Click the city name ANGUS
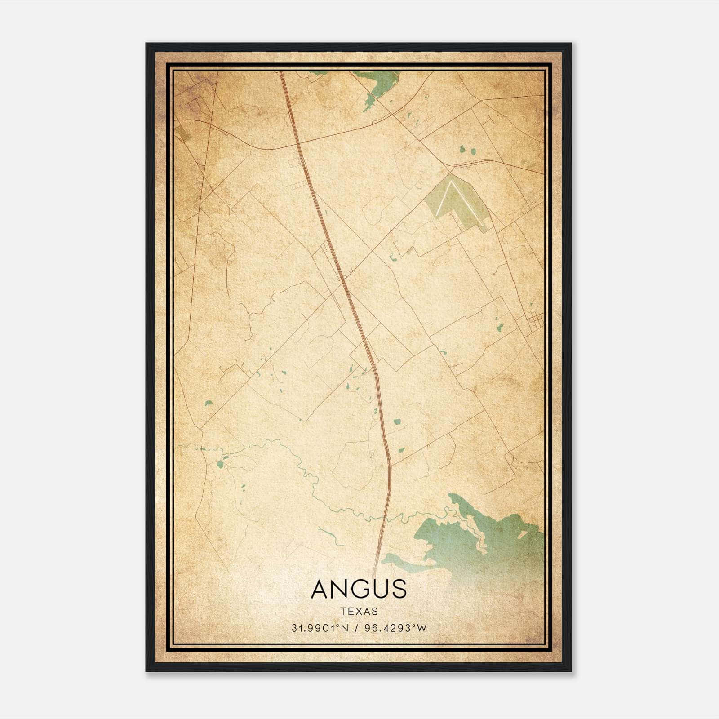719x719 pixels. coord(359,589)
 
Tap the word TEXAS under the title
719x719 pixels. coord(359,612)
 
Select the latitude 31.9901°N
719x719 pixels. coord(320,628)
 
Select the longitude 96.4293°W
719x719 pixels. coord(395,628)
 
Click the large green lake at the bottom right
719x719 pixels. coord(485,539)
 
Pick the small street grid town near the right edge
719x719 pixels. coord(534,320)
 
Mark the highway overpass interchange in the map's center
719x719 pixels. coord(343,279)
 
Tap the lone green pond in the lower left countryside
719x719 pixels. coord(209,403)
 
